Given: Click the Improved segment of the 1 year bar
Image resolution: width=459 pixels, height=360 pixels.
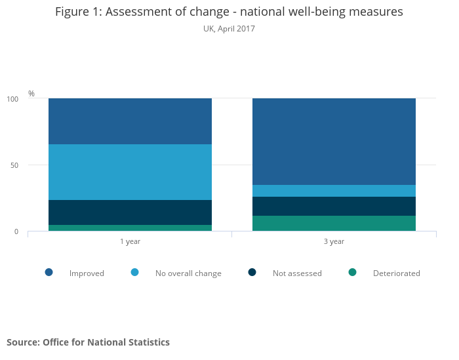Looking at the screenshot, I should click(130, 121).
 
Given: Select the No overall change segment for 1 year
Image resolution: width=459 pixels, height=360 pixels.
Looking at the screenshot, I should click(130, 172).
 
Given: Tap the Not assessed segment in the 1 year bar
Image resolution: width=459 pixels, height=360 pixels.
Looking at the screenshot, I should click(130, 212).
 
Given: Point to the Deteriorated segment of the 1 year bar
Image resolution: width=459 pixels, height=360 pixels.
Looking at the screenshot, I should click(130, 228).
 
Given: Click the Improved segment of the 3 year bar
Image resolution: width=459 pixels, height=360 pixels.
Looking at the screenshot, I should click(334, 142).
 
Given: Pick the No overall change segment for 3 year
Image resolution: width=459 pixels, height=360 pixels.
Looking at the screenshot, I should click(334, 191).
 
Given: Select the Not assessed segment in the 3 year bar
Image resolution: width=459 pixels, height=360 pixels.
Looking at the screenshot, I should click(334, 206).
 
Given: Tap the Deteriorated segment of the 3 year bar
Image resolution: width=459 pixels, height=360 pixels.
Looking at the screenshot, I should click(334, 223).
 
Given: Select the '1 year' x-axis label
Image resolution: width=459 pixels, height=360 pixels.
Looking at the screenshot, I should click(130, 241).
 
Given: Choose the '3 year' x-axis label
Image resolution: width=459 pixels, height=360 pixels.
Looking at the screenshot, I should click(334, 241).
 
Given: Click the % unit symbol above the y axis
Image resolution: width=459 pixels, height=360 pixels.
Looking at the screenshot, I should click(31, 94).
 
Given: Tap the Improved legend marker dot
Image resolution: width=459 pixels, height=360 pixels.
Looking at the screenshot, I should click(49, 272).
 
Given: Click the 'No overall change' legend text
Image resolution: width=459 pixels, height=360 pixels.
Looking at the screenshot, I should click(188, 273).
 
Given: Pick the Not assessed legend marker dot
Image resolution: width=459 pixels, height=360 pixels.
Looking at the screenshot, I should click(252, 272).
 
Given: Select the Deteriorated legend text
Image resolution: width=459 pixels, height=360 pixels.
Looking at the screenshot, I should click(396, 273).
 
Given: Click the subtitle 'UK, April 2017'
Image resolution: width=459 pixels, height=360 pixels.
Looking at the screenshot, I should click(229, 29).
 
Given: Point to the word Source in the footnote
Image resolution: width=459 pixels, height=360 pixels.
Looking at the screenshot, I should click(22, 342).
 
